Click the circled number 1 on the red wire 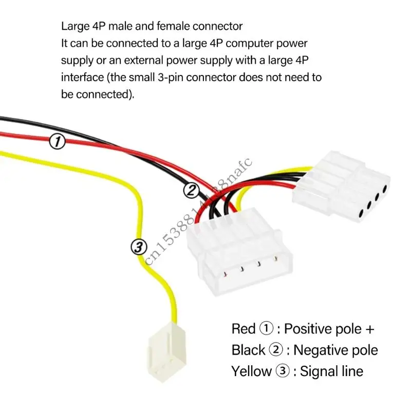point(57,142)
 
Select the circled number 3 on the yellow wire point(138,247)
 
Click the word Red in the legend point(244,328)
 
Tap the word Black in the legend point(248,350)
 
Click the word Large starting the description point(73,25)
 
